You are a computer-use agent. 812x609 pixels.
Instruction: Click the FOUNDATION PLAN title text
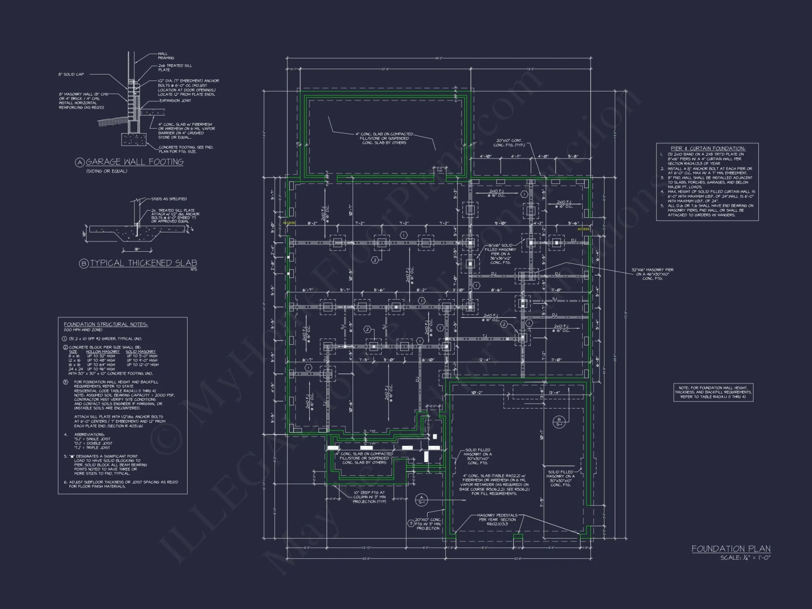pos(731,549)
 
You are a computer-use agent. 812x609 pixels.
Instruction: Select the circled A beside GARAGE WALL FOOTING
pos(80,162)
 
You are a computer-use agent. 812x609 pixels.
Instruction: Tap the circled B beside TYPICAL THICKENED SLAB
pos(84,263)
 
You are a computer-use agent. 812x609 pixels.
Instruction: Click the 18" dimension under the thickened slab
pos(137,249)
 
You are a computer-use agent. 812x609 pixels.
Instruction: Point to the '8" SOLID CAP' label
pos(71,74)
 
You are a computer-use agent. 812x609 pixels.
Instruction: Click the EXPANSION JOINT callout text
pos(175,101)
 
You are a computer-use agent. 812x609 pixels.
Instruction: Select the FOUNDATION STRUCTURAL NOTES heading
pos(106,324)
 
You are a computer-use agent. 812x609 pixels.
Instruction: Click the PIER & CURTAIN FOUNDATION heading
pos(708,149)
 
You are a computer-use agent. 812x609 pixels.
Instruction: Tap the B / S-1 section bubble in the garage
pos(559,422)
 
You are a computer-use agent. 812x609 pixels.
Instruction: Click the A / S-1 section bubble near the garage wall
pos(421,500)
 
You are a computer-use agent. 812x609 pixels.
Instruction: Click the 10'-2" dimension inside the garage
pos(477,393)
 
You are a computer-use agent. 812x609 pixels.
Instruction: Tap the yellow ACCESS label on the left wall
pos(289,223)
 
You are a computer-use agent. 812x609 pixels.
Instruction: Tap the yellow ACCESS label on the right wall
pos(583,229)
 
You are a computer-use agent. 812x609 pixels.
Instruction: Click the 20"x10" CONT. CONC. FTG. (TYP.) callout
pos(509,143)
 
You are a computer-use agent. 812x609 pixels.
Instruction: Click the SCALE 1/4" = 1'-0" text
pos(745,558)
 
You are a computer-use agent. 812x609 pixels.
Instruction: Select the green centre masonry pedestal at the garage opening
pos(518,539)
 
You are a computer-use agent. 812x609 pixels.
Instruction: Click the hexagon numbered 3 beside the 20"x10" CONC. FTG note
pos(410,523)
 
